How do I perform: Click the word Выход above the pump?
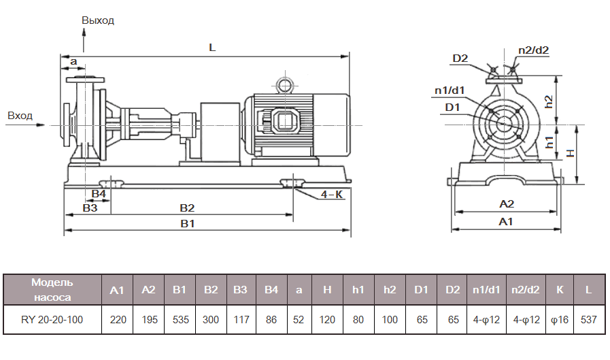coord(98,20)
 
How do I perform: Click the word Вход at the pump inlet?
coord(20,116)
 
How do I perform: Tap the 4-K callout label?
coord(331,195)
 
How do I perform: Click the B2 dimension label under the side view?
coord(187,208)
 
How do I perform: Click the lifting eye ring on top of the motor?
coord(282,85)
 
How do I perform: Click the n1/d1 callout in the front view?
coord(450,91)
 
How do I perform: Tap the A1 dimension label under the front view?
coord(506,222)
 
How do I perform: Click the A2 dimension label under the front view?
coord(507,203)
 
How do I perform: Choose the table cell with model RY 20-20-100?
coord(52,319)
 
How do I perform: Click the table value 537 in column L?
coord(588,319)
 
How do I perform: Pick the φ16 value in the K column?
coord(559,319)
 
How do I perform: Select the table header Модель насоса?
coord(52,289)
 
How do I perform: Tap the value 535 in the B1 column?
coord(180,319)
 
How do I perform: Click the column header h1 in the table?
coord(358,290)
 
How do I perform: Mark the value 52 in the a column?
coord(298,319)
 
